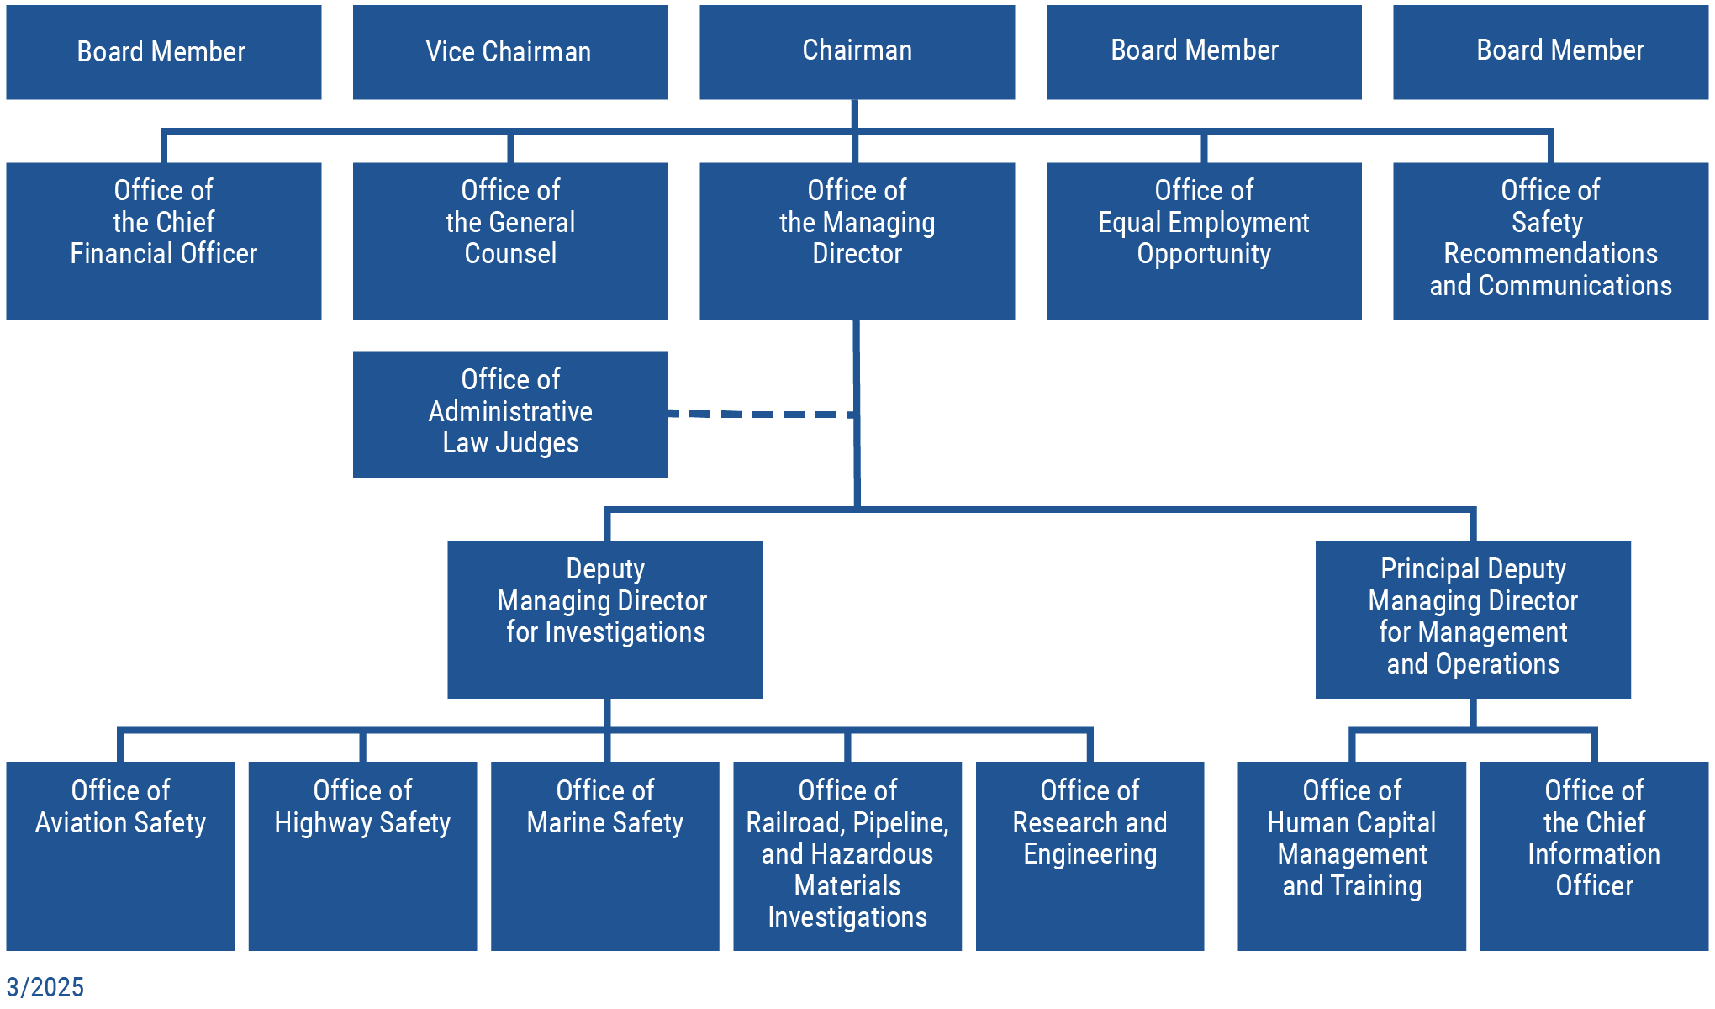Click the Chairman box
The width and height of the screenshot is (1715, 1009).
857,52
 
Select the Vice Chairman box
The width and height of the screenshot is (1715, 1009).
510,52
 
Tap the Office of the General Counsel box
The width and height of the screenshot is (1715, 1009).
510,240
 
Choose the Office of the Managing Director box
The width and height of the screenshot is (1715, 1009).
857,240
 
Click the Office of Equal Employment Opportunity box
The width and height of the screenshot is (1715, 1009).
1203,240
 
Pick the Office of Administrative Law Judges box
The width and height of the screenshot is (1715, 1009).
510,415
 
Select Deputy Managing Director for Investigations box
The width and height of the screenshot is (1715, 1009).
604,619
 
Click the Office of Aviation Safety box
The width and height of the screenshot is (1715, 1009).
120,856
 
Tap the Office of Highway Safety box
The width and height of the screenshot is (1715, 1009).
362,856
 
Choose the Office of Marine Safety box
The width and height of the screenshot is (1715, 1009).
604,856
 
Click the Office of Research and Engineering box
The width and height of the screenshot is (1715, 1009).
1090,856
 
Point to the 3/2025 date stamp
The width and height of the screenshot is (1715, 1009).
45,986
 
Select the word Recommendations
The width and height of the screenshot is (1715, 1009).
1550,253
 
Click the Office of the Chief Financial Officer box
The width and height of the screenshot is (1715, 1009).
164,240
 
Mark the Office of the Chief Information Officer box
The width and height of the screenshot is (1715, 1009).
1594,856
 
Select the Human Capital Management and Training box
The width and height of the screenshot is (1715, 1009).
1351,856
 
